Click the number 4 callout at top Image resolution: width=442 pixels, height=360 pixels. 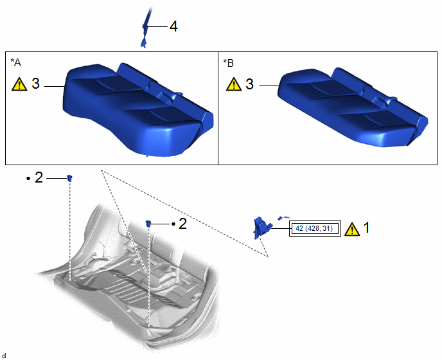pyautogui.click(x=173, y=26)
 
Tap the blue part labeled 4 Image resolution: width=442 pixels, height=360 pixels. pyautogui.click(x=145, y=28)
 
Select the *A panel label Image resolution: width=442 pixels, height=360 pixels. pyautogui.click(x=16, y=62)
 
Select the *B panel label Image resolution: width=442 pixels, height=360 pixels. pyautogui.click(x=228, y=63)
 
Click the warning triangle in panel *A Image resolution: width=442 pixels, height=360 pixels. pyautogui.click(x=19, y=84)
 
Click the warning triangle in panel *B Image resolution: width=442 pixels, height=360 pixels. pyautogui.click(x=234, y=84)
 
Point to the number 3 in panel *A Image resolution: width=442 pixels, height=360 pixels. pyautogui.click(x=35, y=84)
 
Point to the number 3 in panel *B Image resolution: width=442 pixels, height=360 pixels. pyautogui.click(x=249, y=84)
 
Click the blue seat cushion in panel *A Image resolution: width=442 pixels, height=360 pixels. pyautogui.click(x=138, y=109)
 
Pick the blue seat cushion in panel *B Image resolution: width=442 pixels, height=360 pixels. pyautogui.click(x=353, y=107)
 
